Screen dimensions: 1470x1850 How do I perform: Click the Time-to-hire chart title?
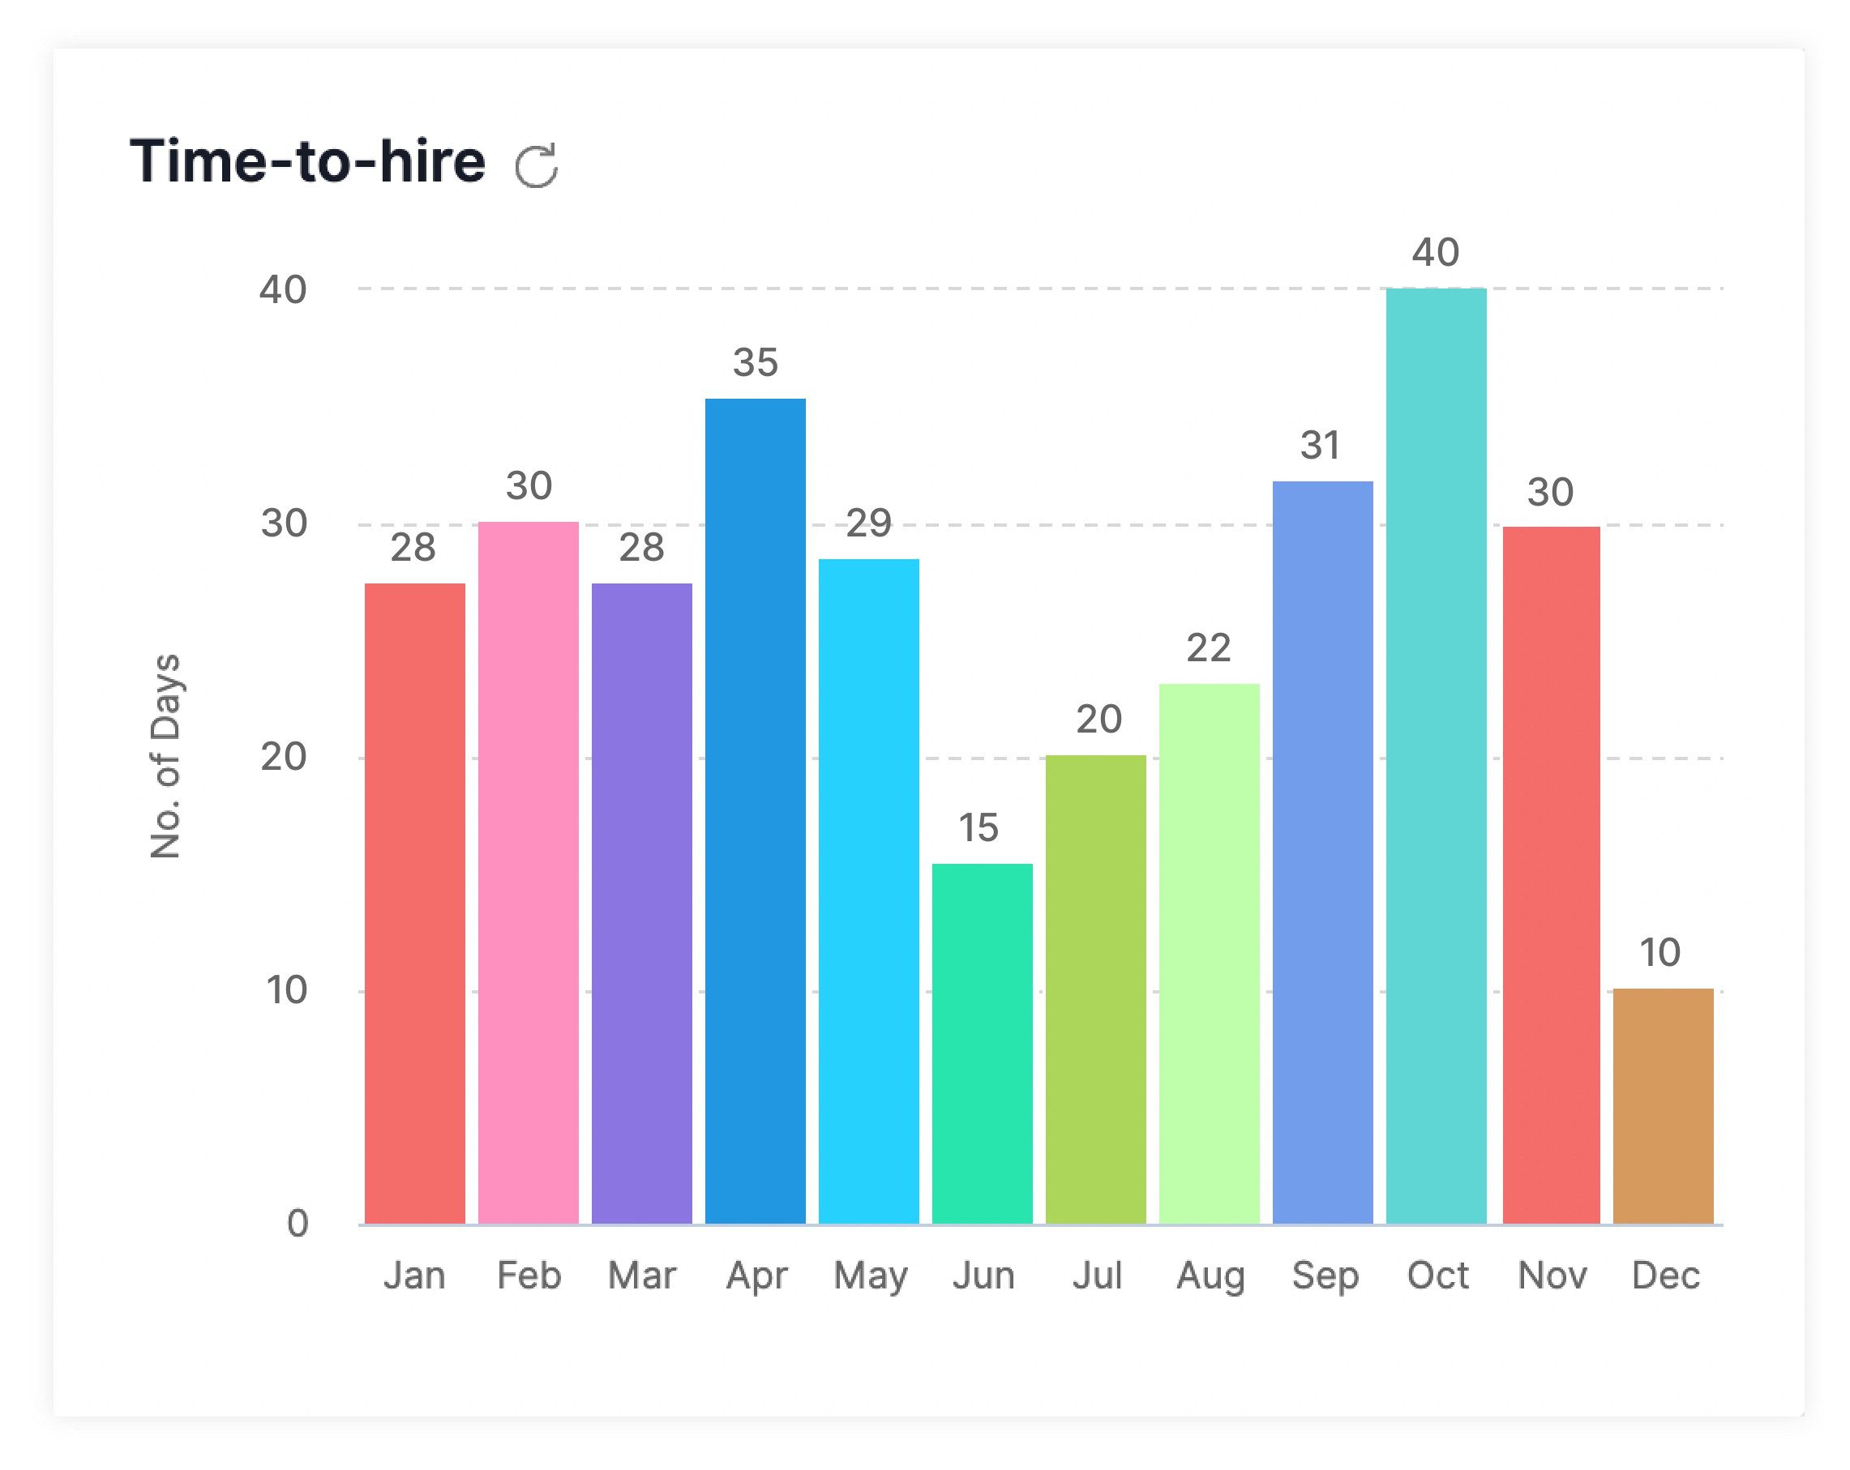click(307, 161)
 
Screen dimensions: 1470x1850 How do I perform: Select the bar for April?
click(755, 810)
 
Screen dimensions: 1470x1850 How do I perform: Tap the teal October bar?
click(1436, 754)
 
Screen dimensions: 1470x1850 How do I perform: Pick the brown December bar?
click(1662, 1105)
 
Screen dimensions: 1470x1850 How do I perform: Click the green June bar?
click(982, 1043)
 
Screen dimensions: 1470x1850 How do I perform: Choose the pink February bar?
click(528, 872)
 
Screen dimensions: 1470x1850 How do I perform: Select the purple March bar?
click(641, 903)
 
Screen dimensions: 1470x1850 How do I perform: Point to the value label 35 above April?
click(755, 363)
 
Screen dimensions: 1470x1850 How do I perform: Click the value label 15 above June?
click(979, 828)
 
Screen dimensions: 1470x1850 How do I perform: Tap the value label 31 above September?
click(1320, 446)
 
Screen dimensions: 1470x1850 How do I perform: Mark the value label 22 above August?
click(1208, 648)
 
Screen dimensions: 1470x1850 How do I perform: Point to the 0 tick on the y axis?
click(297, 1224)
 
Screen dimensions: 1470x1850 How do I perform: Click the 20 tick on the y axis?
click(283, 758)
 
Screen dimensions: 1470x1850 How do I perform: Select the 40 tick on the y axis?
click(283, 290)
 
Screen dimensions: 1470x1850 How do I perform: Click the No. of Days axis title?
click(165, 756)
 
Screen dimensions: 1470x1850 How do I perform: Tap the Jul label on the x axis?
click(1097, 1276)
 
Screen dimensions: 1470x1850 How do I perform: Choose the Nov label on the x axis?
click(1552, 1276)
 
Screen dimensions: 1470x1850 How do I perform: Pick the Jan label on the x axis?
click(414, 1276)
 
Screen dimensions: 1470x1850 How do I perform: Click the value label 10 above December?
click(1659, 953)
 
